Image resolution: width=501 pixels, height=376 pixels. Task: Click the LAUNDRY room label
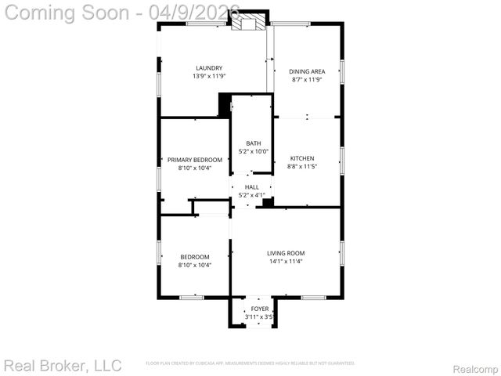click(x=209, y=68)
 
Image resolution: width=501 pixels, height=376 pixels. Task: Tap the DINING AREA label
click(x=308, y=71)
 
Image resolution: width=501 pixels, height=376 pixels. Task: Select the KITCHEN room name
click(x=302, y=158)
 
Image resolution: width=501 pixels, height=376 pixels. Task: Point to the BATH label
click(x=254, y=143)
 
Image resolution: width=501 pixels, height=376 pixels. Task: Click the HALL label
click(x=252, y=187)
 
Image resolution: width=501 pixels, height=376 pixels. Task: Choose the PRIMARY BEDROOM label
click(x=195, y=160)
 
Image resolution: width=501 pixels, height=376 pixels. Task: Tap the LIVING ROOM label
click(x=286, y=253)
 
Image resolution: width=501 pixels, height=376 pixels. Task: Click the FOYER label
click(x=259, y=309)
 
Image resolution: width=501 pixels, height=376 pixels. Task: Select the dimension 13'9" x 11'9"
click(x=209, y=76)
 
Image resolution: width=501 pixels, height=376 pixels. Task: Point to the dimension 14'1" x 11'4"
click(x=286, y=262)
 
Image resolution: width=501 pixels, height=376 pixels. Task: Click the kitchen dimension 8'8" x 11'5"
click(x=302, y=166)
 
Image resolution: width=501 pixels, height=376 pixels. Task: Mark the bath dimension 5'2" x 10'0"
click(x=254, y=152)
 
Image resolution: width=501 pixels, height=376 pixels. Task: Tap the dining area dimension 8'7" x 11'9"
click(x=308, y=79)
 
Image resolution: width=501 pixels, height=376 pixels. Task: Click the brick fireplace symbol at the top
click(x=250, y=23)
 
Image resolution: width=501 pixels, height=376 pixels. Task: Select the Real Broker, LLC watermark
click(x=63, y=365)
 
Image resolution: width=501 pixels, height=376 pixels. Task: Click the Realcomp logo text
click(x=475, y=368)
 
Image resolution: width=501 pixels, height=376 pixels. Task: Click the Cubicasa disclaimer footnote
click(x=250, y=363)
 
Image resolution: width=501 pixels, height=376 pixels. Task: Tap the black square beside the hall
click(x=268, y=203)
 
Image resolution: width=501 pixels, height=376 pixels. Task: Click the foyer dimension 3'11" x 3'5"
click(x=259, y=317)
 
